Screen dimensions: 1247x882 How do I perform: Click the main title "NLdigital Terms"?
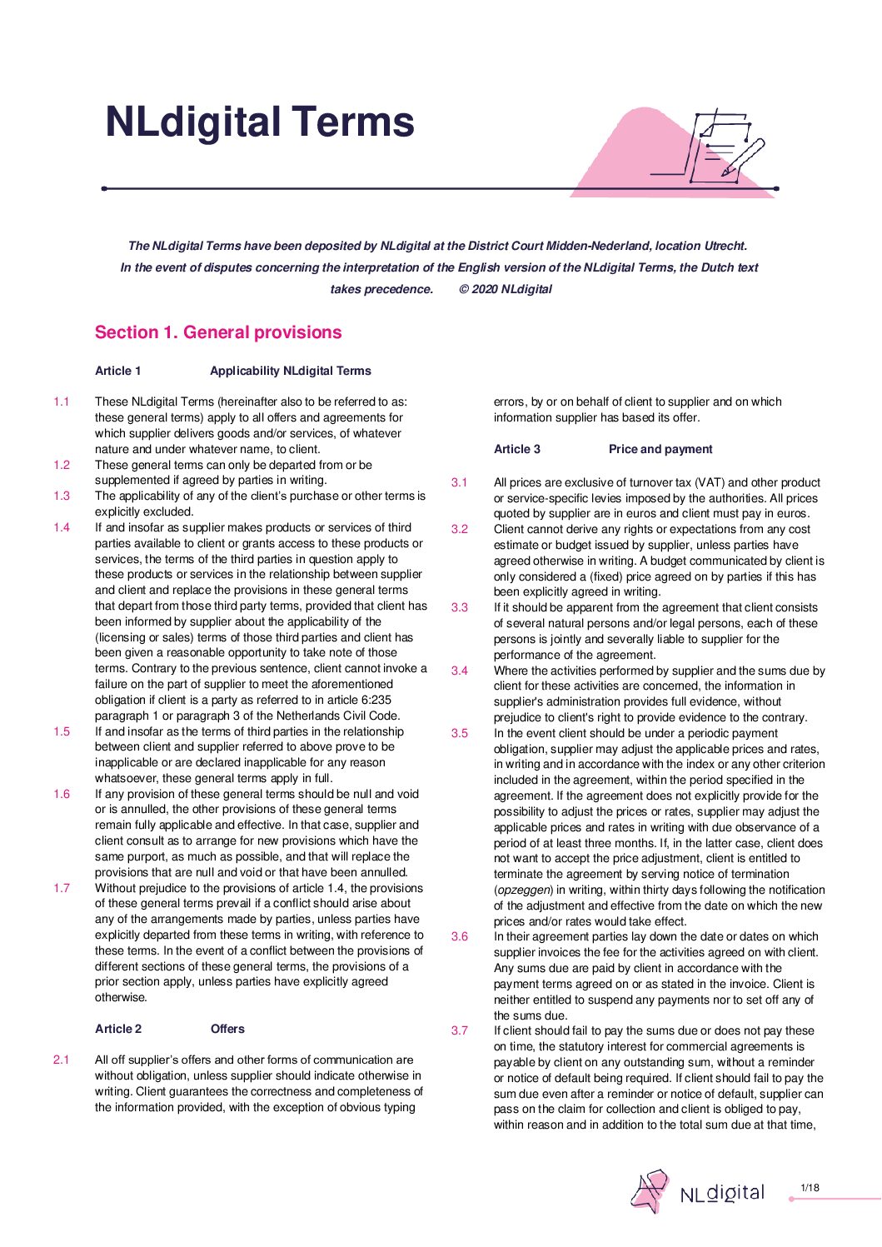click(259, 122)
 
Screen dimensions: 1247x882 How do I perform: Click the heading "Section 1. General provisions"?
click(218, 332)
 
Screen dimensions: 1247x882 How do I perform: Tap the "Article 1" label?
click(118, 371)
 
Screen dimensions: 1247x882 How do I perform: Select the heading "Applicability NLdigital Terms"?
click(291, 371)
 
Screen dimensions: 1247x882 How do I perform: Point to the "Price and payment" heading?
click(660, 449)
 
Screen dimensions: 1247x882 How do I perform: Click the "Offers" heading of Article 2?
click(227, 1029)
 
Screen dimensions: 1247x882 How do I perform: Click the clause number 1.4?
click(62, 527)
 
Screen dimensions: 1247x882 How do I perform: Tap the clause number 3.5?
click(460, 733)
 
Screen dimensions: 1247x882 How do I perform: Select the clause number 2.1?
click(62, 1060)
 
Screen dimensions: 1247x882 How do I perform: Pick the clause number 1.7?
click(62, 888)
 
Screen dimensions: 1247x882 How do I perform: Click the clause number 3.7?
click(460, 1030)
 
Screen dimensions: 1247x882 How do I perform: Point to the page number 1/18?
click(810, 1188)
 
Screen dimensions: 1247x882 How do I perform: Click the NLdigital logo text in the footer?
click(722, 1193)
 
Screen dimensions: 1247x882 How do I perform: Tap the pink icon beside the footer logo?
click(650, 1191)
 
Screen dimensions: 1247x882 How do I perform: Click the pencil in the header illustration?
click(744, 156)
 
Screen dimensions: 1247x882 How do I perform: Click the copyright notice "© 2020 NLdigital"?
click(506, 289)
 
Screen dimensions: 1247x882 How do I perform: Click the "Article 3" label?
click(517, 449)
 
